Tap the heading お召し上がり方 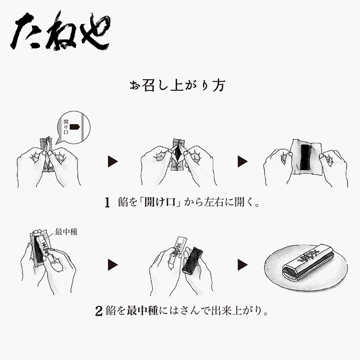point(177,85)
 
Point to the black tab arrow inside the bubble point(74,127)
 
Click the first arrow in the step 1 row point(113,161)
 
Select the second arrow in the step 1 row point(243,161)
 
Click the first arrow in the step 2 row point(113,264)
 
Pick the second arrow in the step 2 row point(243,264)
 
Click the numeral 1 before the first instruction point(107,203)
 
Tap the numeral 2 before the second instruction point(99,311)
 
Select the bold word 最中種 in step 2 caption point(143,311)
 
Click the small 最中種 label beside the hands point(66,232)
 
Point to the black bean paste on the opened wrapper point(305,157)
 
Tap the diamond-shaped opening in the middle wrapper point(178,154)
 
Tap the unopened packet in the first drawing point(47,154)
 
